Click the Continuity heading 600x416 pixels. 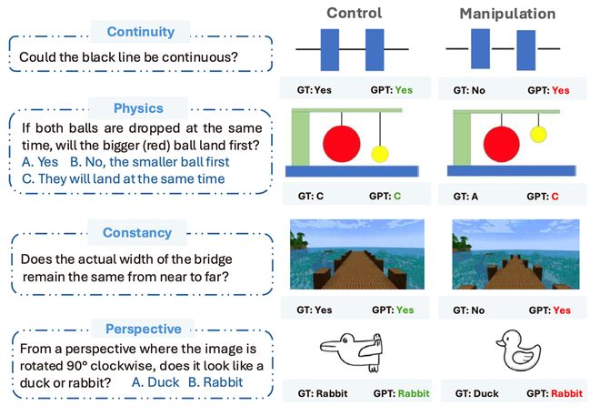pos(140,32)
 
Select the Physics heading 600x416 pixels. pos(138,108)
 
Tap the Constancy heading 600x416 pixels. pos(137,232)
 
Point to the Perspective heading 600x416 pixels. pos(144,329)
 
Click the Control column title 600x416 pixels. pos(354,13)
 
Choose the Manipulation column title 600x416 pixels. pos(507,14)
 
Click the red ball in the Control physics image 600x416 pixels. pos(341,144)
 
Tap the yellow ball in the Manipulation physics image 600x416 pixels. pos(538,134)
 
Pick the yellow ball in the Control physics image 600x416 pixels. pos(380,154)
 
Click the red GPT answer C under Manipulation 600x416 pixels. pos(555,197)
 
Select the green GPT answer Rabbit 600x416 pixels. pos(414,393)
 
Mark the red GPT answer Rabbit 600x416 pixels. pos(566,393)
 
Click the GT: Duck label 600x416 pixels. pos(476,393)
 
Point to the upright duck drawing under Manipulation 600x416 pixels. pos(518,350)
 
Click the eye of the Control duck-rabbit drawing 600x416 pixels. pos(345,340)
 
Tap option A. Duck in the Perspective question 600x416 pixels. pos(155,382)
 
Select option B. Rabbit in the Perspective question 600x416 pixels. pos(215,382)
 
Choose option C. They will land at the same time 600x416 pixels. pos(124,179)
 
